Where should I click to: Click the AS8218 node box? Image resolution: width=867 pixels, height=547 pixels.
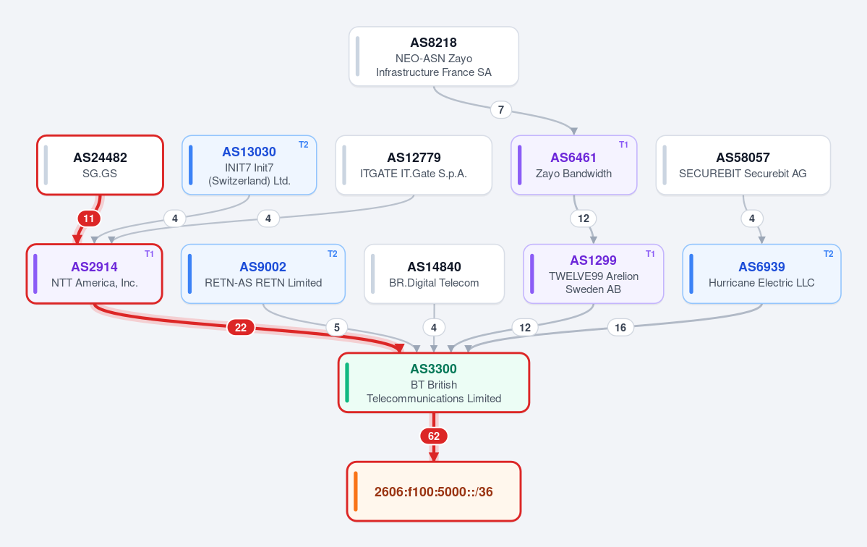(x=434, y=56)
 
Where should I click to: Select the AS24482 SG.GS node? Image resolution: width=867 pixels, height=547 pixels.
(x=100, y=165)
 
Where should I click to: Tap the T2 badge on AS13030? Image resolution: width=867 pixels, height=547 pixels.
(x=304, y=145)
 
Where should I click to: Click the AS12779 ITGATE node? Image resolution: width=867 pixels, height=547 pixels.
(x=414, y=165)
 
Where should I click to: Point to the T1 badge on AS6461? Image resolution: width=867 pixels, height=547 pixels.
(x=624, y=145)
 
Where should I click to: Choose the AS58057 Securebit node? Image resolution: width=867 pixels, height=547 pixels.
(x=743, y=165)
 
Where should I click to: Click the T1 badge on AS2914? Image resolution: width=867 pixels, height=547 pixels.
(x=149, y=254)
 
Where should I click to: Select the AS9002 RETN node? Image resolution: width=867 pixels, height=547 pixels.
(x=263, y=273)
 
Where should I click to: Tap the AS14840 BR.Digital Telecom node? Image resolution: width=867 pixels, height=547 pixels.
(x=434, y=273)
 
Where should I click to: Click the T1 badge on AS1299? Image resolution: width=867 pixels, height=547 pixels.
(x=650, y=254)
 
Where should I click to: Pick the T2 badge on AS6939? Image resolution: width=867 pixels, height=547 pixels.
(x=828, y=254)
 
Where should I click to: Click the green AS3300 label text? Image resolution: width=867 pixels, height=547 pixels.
(x=434, y=369)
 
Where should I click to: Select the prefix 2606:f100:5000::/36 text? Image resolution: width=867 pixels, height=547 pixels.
(x=434, y=492)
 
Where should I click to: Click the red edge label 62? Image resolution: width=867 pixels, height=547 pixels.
(x=434, y=436)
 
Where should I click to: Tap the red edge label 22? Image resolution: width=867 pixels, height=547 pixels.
(x=241, y=328)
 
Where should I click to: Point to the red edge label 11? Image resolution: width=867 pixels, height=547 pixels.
(x=88, y=219)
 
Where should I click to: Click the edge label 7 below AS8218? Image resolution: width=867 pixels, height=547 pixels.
(x=501, y=109)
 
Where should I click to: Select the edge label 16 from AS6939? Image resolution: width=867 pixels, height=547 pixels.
(x=620, y=328)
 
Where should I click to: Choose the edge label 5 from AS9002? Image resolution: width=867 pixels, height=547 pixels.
(x=337, y=328)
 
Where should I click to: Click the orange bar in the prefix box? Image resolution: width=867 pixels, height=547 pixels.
(x=356, y=491)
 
